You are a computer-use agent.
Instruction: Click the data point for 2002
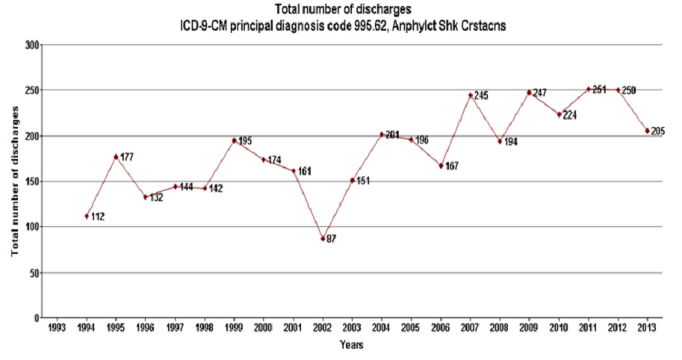(x=323, y=238)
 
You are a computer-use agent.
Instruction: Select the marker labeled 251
(x=589, y=89)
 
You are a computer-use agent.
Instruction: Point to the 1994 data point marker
(x=87, y=216)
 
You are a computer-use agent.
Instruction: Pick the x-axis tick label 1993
(x=57, y=328)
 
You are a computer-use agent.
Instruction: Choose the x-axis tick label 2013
(x=648, y=328)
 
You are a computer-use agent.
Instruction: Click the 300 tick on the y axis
(x=32, y=45)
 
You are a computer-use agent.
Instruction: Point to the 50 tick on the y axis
(x=34, y=273)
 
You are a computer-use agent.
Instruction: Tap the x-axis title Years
(x=350, y=345)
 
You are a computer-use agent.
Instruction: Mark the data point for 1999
(x=234, y=140)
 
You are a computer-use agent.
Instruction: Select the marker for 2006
(x=441, y=166)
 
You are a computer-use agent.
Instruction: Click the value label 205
(x=657, y=131)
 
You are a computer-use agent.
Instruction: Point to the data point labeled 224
(x=559, y=114)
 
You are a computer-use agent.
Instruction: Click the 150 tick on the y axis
(x=32, y=181)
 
